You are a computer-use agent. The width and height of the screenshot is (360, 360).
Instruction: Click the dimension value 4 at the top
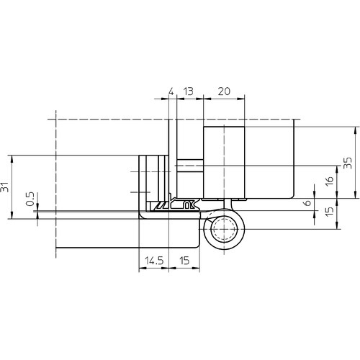click(x=171, y=91)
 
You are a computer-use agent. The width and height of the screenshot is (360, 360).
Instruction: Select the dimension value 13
click(x=188, y=91)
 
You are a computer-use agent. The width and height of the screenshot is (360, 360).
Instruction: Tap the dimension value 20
click(x=224, y=91)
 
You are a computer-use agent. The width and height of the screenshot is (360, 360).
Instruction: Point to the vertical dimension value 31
click(x=5, y=187)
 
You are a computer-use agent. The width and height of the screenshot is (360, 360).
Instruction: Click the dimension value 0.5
click(x=30, y=199)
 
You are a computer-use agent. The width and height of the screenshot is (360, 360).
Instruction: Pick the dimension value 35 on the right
click(x=348, y=163)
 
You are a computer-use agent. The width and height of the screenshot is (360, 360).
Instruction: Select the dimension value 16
click(x=330, y=181)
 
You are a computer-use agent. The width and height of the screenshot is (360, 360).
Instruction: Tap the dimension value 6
click(x=307, y=203)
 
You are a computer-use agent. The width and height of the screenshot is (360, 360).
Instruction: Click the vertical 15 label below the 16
click(x=330, y=210)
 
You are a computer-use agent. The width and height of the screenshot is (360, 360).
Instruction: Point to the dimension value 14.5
click(x=154, y=261)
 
